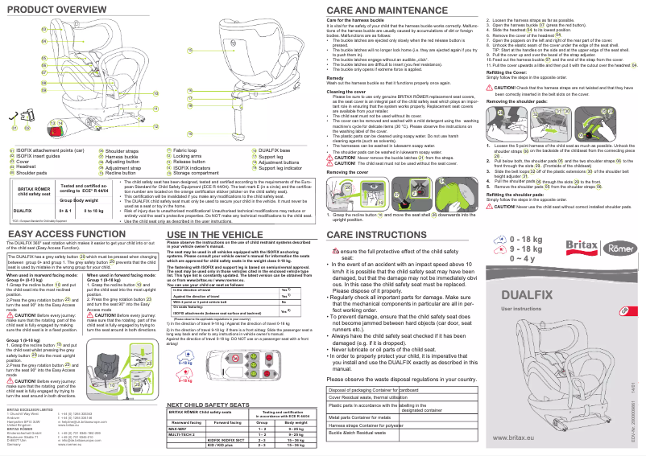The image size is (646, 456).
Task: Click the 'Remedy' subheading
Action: coord(336,77)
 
